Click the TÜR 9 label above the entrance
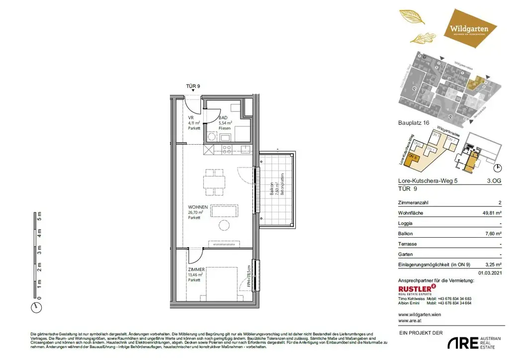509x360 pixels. click(193, 86)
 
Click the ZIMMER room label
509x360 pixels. click(197, 269)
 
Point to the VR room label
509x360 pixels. click(190, 117)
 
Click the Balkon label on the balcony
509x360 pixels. click(271, 188)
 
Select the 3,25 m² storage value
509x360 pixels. click(493, 265)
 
